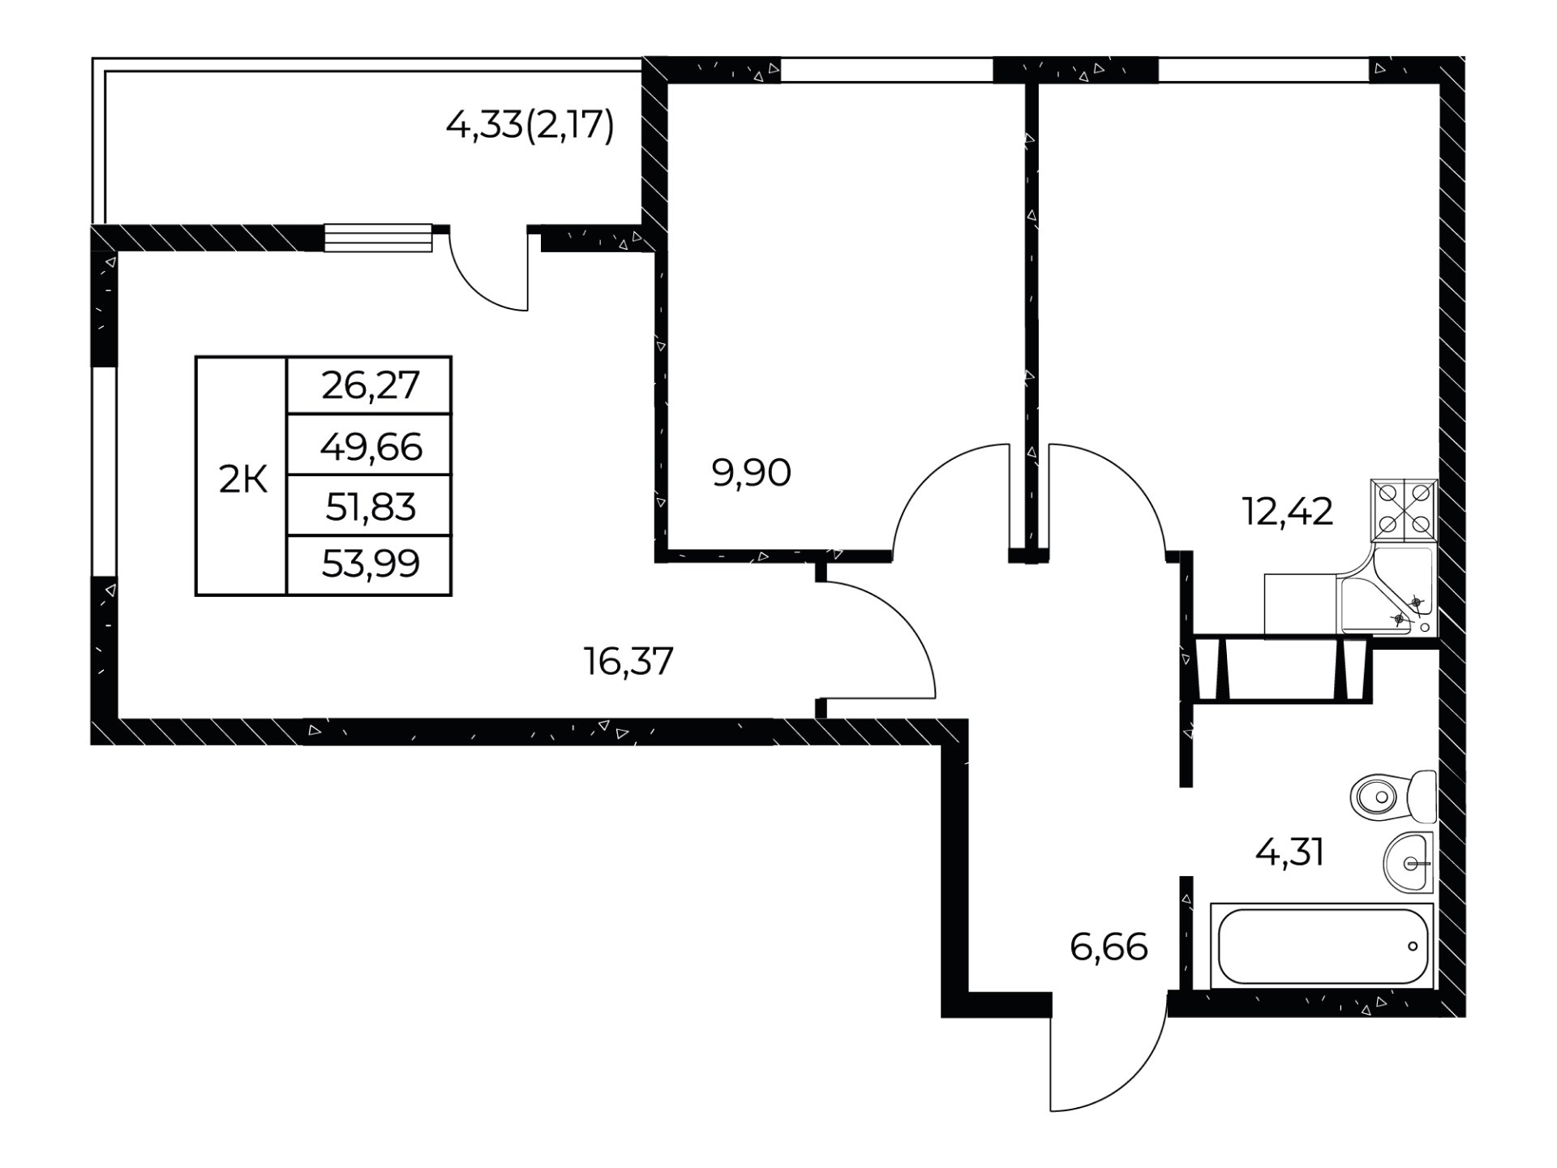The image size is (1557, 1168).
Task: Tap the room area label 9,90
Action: coord(751,473)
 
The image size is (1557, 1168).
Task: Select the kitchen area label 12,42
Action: coord(1288,512)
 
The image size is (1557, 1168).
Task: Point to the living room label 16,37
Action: coord(628,661)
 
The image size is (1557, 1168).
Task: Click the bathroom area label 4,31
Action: coord(1290,852)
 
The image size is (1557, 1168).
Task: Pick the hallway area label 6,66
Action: coord(1109,947)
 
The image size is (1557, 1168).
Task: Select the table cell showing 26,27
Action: coord(369,385)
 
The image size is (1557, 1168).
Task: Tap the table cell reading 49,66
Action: coord(369,445)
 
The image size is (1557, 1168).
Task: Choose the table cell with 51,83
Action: coord(369,506)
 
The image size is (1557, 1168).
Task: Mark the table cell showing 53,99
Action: coord(369,565)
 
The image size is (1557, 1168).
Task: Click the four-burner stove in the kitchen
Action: coord(1404,510)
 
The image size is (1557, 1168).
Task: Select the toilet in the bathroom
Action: coord(1393,797)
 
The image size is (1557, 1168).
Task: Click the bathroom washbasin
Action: coord(1409,862)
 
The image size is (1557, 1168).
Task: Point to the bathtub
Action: coord(1323,946)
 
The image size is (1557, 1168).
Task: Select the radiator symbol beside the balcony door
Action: coord(378,238)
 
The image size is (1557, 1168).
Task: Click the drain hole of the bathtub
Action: coord(1413,946)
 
